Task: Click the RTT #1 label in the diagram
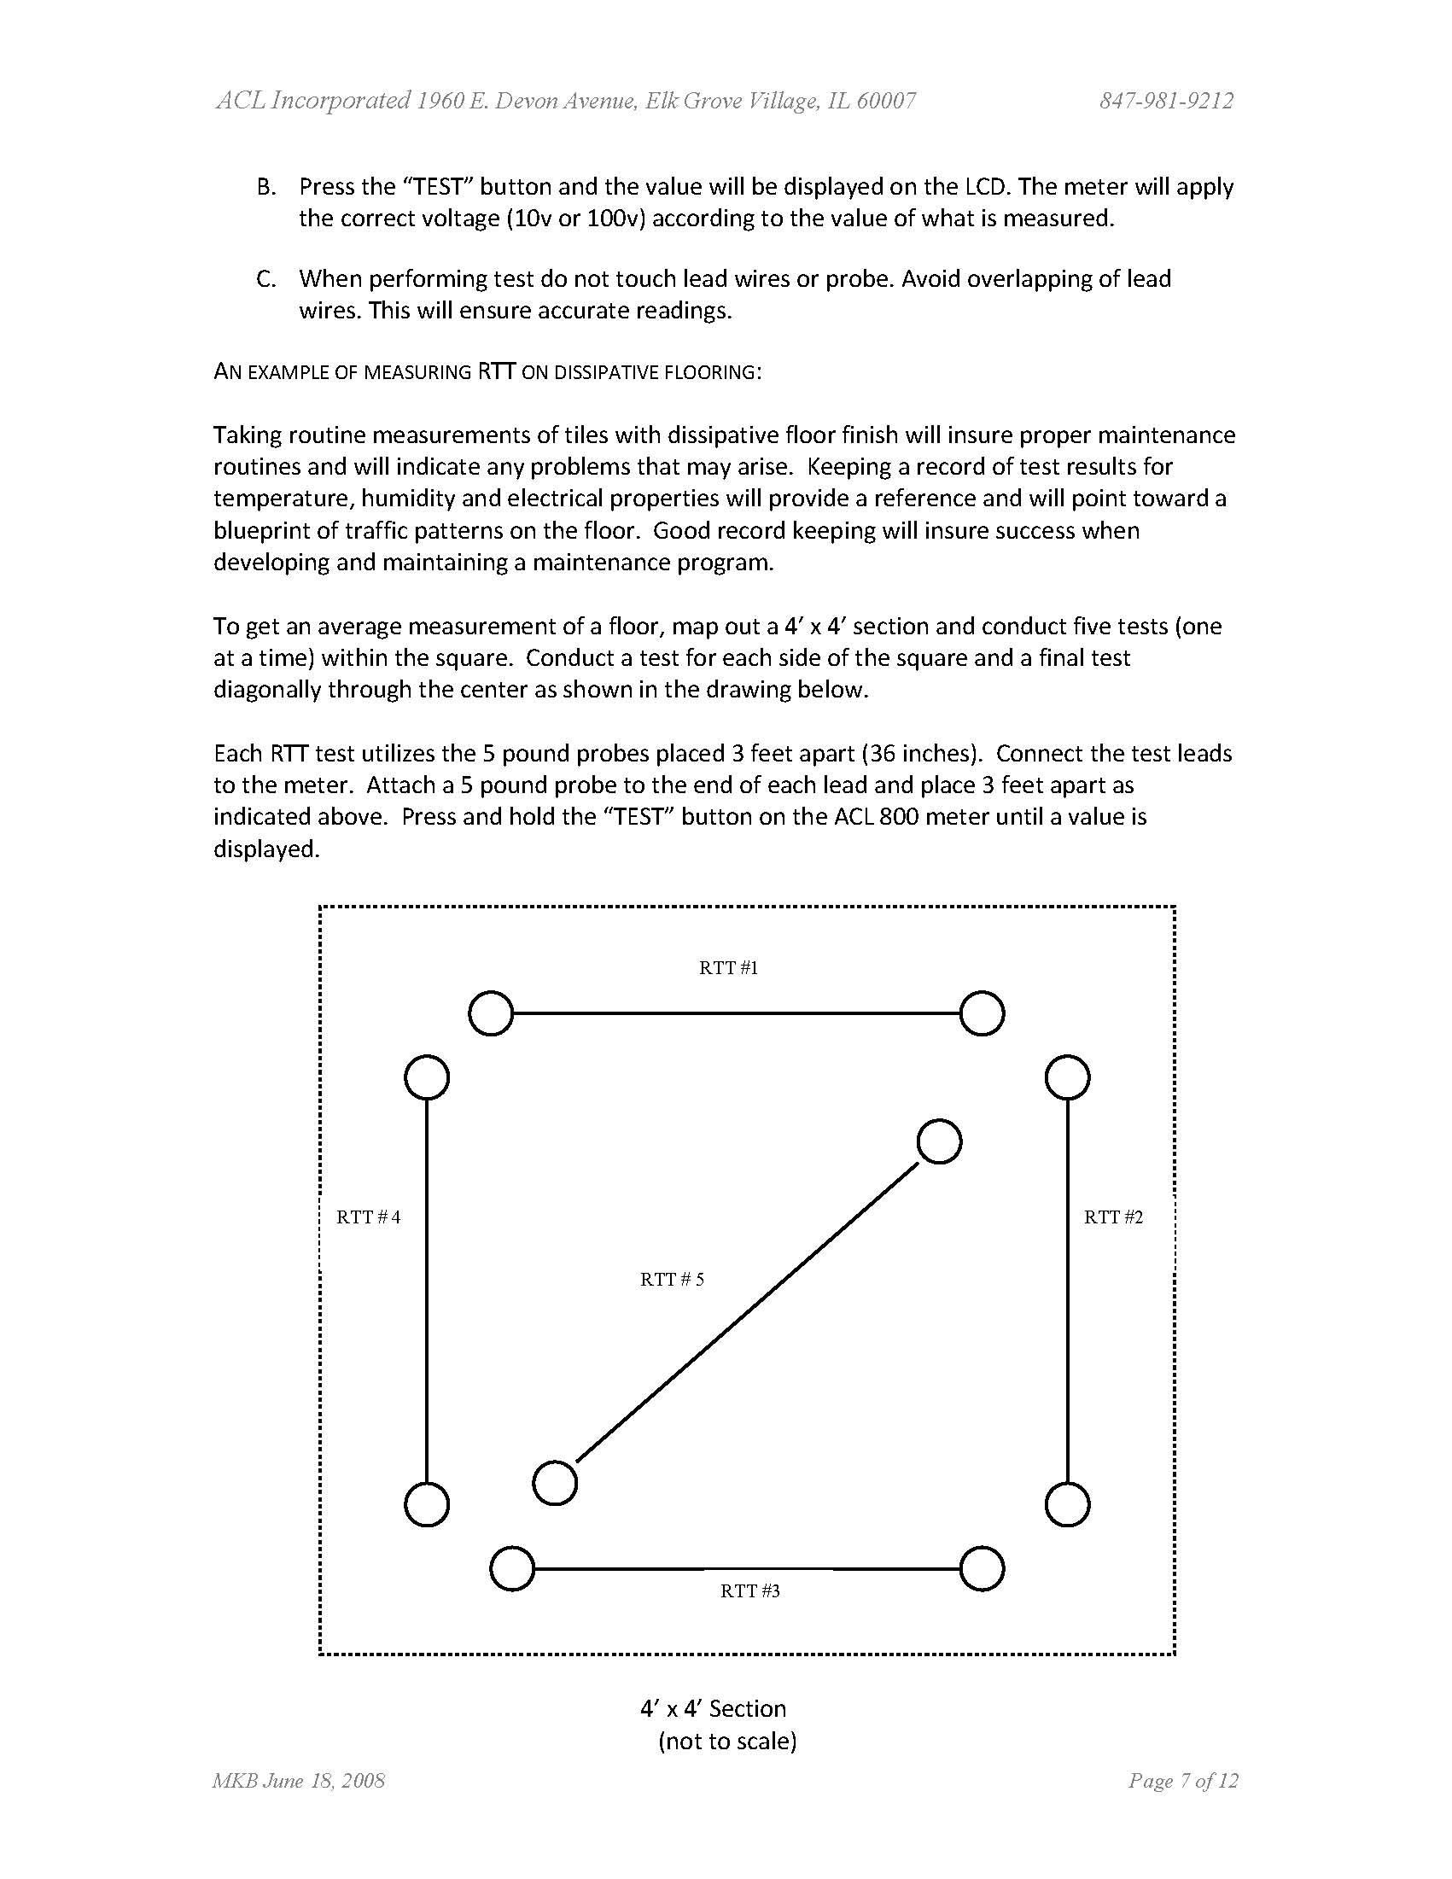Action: click(728, 968)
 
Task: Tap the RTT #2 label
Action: click(1113, 1217)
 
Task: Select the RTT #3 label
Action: click(749, 1590)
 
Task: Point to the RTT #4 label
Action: click(368, 1217)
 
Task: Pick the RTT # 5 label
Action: click(672, 1280)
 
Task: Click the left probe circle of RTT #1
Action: click(490, 1012)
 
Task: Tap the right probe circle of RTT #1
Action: click(982, 1012)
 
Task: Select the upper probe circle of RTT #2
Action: click(1068, 1077)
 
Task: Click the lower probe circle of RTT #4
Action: click(427, 1505)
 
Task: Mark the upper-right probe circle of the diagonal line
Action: click(939, 1141)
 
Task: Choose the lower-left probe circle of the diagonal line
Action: click(555, 1482)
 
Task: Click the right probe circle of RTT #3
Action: click(982, 1568)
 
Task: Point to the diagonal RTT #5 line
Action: click(747, 1312)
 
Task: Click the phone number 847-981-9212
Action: click(1165, 102)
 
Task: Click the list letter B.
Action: click(265, 187)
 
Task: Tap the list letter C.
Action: click(265, 279)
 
